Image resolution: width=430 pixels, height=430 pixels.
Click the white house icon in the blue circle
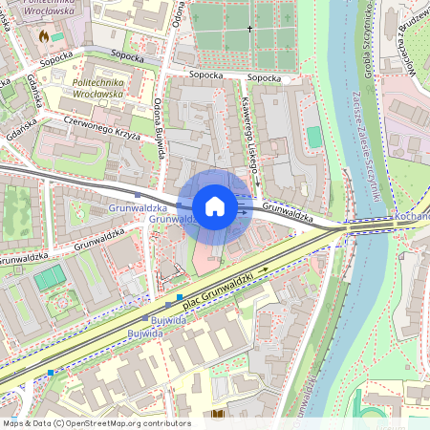215,206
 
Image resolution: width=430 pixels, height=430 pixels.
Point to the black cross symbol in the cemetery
251,30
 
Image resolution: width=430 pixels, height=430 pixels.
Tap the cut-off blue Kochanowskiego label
412,217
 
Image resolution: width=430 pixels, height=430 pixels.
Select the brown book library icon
219,414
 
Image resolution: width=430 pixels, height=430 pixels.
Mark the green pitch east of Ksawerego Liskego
315,137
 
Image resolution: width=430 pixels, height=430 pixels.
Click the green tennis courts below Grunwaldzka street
50,277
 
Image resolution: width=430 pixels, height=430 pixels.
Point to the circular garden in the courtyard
64,303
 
